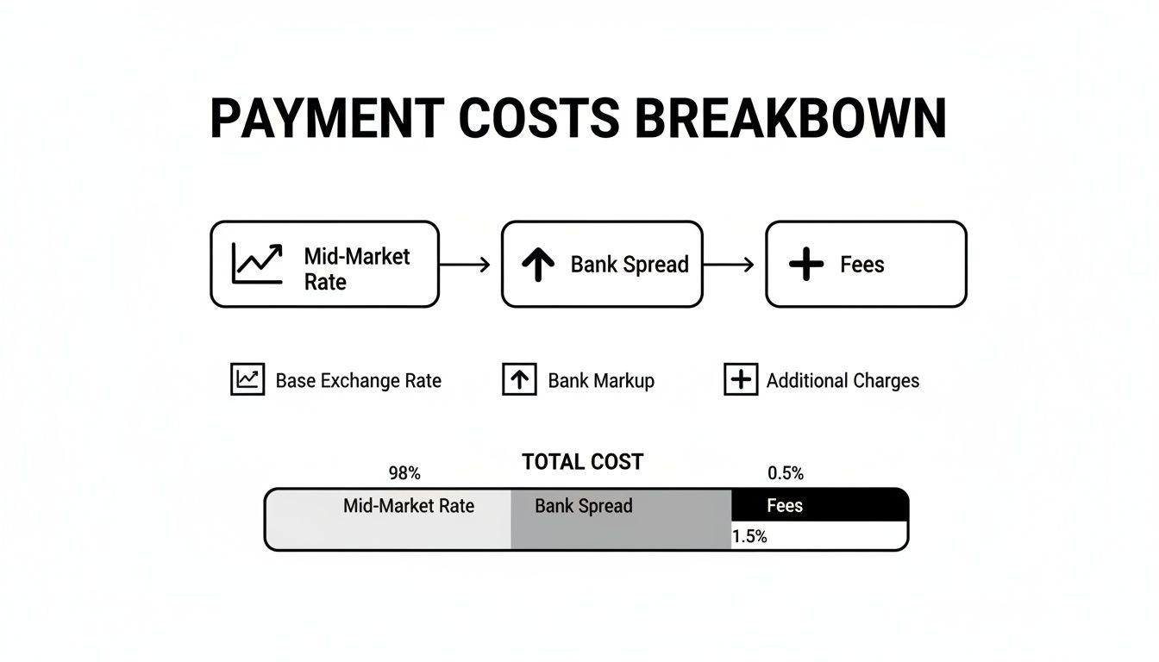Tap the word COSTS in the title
tap(539, 119)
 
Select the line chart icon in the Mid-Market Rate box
tap(257, 264)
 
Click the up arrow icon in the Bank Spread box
tap(538, 265)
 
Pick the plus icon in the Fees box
tap(806, 265)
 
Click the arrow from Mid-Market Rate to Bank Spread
tap(466, 265)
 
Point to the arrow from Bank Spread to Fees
tap(730, 265)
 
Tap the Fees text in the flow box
tap(861, 265)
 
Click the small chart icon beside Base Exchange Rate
tap(247, 379)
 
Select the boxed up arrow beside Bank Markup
tap(519, 379)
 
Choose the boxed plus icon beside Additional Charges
tap(740, 379)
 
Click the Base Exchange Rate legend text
tap(358, 380)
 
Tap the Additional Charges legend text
tap(843, 380)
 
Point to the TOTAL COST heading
tap(582, 462)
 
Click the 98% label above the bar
tap(404, 473)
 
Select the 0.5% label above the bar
tap(785, 473)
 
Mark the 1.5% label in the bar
tap(749, 536)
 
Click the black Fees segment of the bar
tap(819, 505)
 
